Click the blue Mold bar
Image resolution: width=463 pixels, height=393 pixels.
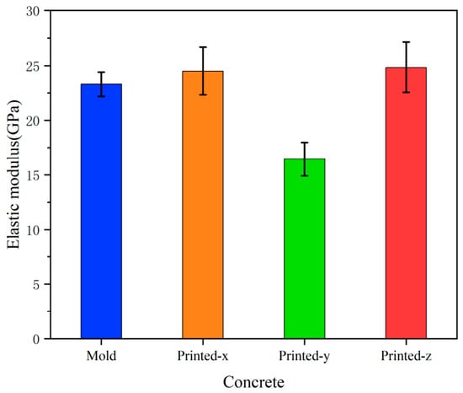point(101,211)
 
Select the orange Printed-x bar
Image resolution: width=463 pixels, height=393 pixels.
point(203,205)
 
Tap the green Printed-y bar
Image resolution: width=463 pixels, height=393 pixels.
point(305,249)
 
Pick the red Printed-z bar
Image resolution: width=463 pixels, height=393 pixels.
point(406,203)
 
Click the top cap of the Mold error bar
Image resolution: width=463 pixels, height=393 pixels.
point(101,73)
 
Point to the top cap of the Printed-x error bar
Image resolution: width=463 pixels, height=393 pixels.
point(203,47)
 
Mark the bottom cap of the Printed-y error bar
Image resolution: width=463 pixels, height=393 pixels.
point(305,175)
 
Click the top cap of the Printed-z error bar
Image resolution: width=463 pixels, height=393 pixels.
point(406,42)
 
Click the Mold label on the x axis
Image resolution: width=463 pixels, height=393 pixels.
point(101,356)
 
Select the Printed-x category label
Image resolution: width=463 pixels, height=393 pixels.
point(203,356)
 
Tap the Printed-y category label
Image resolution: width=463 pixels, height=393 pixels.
point(305,357)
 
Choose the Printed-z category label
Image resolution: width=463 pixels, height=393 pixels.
point(406,356)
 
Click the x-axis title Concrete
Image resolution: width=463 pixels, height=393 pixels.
point(253,382)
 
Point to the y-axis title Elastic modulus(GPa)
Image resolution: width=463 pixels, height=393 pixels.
point(13,175)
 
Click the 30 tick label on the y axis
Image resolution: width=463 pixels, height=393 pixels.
point(33,12)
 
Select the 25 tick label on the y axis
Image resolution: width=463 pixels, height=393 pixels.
point(33,67)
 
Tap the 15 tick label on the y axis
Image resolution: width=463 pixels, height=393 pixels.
point(33,175)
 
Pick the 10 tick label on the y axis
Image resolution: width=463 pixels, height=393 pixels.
point(33,230)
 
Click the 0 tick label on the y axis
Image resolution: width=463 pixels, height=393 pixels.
point(36,340)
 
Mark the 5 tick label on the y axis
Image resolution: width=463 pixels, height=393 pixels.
point(36,285)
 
